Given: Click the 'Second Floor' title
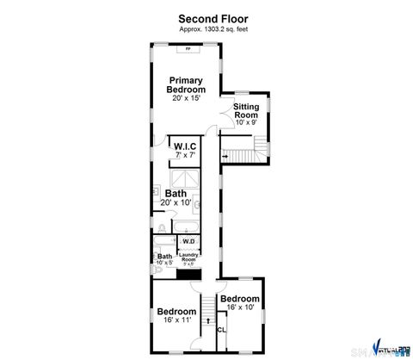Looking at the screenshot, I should pos(206,17).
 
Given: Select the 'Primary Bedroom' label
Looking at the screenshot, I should pos(186,84).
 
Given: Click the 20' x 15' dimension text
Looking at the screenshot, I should pos(186,98).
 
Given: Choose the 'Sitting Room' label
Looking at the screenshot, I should pos(246,111).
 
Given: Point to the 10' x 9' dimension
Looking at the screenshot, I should pos(246,123).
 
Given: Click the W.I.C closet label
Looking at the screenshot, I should pos(185,147).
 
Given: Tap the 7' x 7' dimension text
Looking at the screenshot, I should pos(185,156).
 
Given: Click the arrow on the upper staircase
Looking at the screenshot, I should pos(225,156).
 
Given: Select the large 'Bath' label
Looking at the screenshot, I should pos(176,193).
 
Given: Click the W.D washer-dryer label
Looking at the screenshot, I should pos(188,241).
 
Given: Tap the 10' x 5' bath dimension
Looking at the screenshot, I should pos(164,263).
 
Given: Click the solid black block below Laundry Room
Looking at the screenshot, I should pos(195,274).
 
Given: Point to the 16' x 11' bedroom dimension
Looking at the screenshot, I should pos(176,320).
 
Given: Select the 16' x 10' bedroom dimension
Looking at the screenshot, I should pos(238,307).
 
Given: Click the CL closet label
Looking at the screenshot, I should pos(222,329).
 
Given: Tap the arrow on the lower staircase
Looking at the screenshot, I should pos(206,320).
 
